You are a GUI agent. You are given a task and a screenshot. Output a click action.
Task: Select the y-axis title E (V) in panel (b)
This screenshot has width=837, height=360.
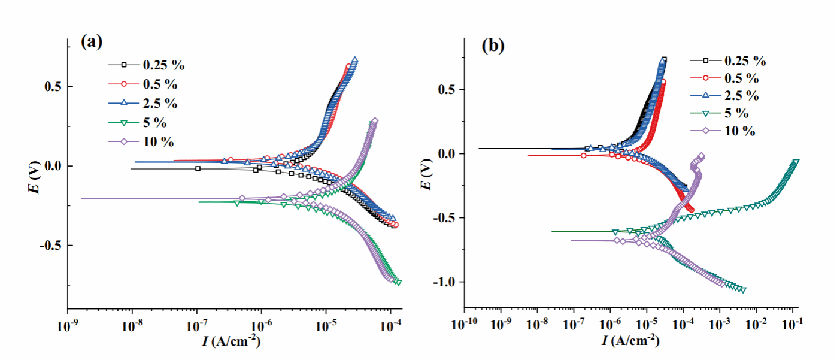coord(426,176)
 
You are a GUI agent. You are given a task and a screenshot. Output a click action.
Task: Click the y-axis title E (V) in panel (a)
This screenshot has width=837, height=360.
coord(36,177)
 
